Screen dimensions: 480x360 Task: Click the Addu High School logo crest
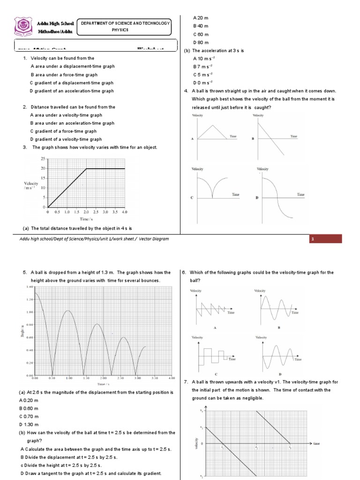(x=21, y=27)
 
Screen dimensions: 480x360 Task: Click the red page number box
(x=326, y=239)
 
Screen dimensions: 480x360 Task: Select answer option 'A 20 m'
(x=201, y=17)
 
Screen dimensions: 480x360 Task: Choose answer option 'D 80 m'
(x=201, y=43)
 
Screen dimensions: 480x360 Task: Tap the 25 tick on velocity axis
(x=43, y=159)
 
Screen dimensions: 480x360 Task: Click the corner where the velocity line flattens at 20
(x=86, y=168)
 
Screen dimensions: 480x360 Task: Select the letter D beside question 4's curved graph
(x=257, y=198)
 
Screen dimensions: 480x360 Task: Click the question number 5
(x=25, y=272)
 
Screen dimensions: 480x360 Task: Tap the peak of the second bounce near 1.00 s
(x=69, y=311)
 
